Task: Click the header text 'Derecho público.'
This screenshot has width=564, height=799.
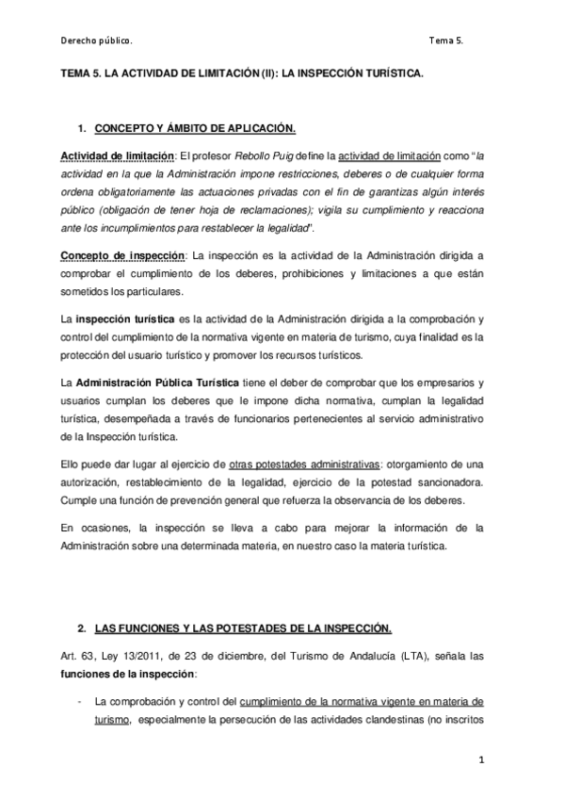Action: click(x=95, y=41)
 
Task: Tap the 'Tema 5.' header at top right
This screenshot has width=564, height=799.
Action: click(x=445, y=41)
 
